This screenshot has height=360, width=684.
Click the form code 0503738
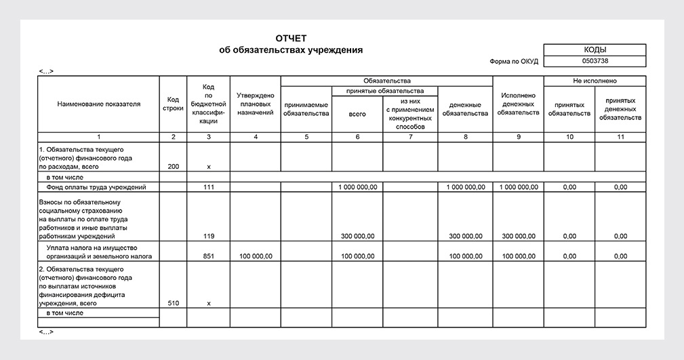click(595, 61)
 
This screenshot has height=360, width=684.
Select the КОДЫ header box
click(595, 49)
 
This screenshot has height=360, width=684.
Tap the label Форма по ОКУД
click(514, 61)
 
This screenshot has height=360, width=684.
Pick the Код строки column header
click(173, 104)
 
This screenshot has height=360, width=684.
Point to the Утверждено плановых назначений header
click(255, 104)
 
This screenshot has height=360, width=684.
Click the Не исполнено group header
click(595, 81)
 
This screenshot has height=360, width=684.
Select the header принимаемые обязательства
click(306, 109)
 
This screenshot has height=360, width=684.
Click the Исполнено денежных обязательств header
click(518, 104)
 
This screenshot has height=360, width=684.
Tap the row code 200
click(173, 166)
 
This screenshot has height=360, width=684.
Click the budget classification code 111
click(208, 186)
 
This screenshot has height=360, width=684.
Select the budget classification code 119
click(208, 236)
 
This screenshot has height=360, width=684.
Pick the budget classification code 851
click(208, 256)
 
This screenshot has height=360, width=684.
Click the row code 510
click(173, 304)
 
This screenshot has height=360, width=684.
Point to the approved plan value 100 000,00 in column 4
click(255, 256)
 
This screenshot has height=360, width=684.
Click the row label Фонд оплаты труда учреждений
click(96, 186)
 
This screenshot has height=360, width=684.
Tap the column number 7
click(410, 137)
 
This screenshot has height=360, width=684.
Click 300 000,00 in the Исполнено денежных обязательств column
click(518, 236)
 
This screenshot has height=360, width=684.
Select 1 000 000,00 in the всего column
click(357, 186)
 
